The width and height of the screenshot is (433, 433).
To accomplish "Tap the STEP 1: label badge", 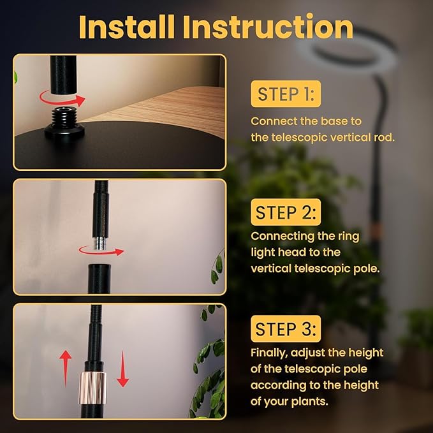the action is pos(286,94).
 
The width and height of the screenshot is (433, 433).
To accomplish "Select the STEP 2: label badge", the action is pos(286,212).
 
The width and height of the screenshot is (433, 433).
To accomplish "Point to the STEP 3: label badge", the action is pos(286,328).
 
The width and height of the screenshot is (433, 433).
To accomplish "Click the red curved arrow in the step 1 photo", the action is pos(61,103).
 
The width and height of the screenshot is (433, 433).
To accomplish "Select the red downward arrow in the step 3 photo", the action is pos(123,369).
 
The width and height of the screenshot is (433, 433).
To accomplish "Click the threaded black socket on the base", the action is pos(64,122).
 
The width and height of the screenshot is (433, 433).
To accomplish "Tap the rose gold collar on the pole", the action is pos(93,388).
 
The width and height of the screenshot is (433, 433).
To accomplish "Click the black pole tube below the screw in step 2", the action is pos(99,279).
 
